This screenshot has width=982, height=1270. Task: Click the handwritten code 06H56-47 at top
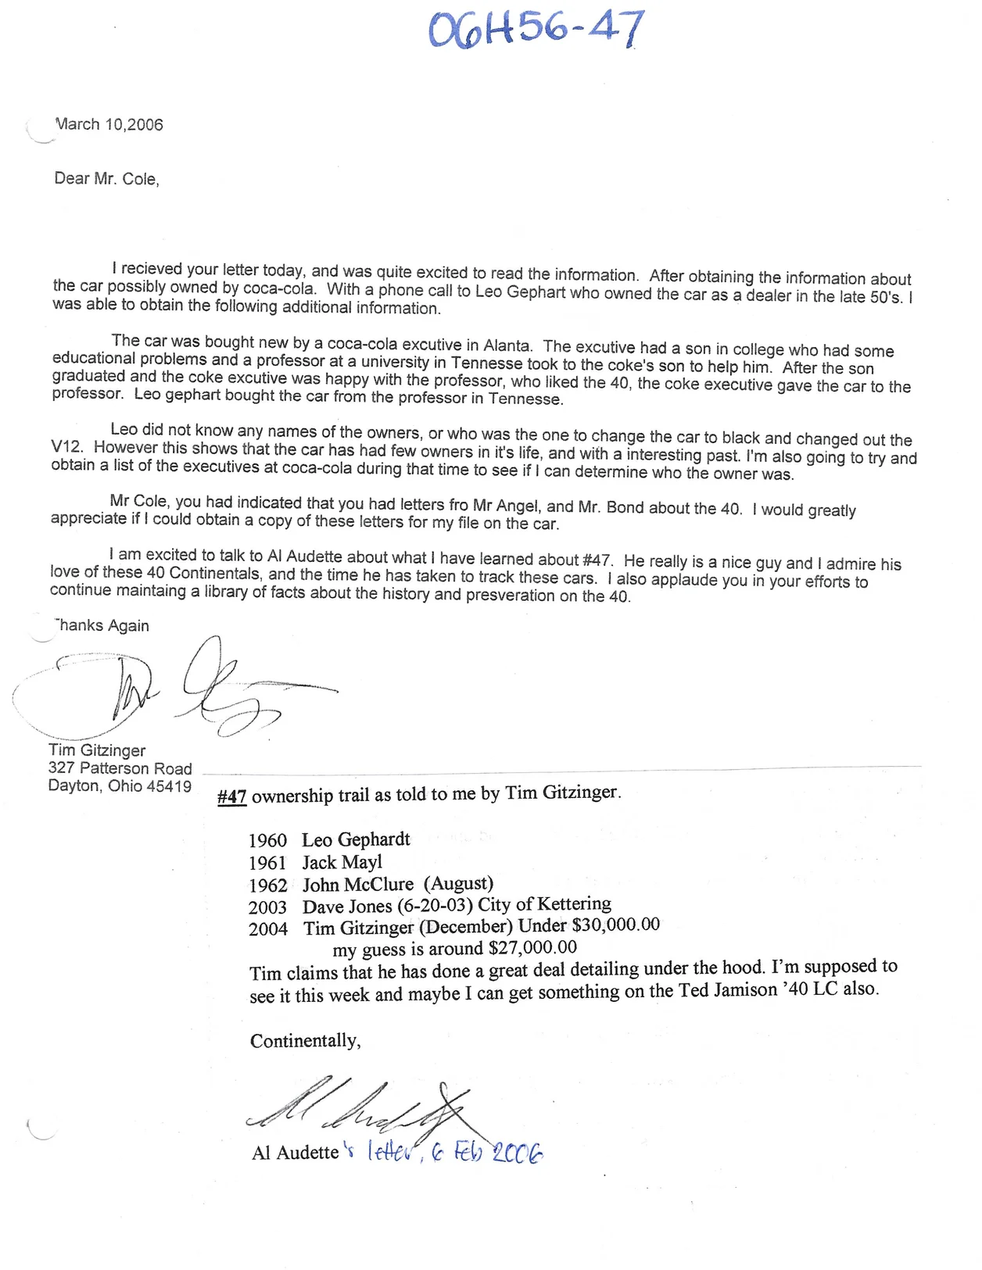tap(536, 30)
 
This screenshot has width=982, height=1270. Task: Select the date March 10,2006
tap(109, 124)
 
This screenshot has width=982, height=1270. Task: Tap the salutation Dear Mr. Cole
tap(106, 179)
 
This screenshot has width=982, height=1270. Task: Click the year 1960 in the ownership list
tap(267, 841)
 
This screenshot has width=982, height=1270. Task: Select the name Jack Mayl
tap(342, 863)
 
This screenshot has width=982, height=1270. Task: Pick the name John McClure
tap(358, 885)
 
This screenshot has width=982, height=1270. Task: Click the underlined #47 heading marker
tap(231, 797)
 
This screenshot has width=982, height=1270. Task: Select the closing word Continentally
tap(305, 1041)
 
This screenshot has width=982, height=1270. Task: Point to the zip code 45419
tap(169, 786)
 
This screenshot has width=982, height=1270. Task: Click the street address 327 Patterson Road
tap(120, 768)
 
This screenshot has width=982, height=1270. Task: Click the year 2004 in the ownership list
tap(268, 929)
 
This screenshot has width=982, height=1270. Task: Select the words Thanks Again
tap(102, 625)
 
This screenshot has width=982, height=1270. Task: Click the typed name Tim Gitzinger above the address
tap(97, 750)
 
